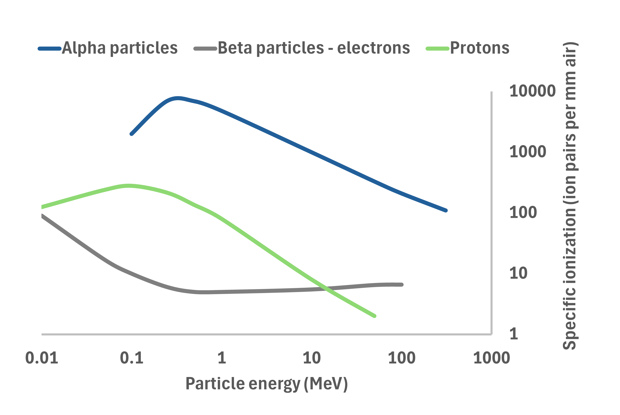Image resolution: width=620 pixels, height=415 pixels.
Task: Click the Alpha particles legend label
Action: click(120, 48)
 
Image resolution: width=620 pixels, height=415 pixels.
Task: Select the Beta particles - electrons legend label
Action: click(314, 48)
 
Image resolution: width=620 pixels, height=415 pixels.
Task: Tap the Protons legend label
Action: click(479, 48)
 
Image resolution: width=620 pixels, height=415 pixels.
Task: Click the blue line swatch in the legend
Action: click(50, 49)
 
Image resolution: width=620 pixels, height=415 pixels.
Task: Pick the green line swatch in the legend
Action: click(437, 49)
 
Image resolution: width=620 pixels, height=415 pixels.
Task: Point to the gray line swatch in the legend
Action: click(206, 49)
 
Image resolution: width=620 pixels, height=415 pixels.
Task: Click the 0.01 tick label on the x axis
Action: click(42, 358)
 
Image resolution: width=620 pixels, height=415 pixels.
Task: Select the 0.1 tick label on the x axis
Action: click(132, 358)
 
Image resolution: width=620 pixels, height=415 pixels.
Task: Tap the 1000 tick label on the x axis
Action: click(491, 358)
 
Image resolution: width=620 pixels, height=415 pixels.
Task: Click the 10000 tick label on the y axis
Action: click(532, 91)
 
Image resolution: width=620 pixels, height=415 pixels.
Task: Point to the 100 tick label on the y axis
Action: click(523, 212)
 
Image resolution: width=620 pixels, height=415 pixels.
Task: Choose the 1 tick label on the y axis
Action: click(514, 334)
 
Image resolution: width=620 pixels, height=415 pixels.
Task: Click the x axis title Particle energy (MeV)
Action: click(266, 384)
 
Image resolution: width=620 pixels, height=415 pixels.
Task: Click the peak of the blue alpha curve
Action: click(178, 98)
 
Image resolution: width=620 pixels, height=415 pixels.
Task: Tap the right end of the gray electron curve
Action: click(402, 285)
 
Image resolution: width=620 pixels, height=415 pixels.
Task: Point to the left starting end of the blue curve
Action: click(132, 134)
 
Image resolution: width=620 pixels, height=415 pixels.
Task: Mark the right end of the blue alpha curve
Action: click(446, 210)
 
